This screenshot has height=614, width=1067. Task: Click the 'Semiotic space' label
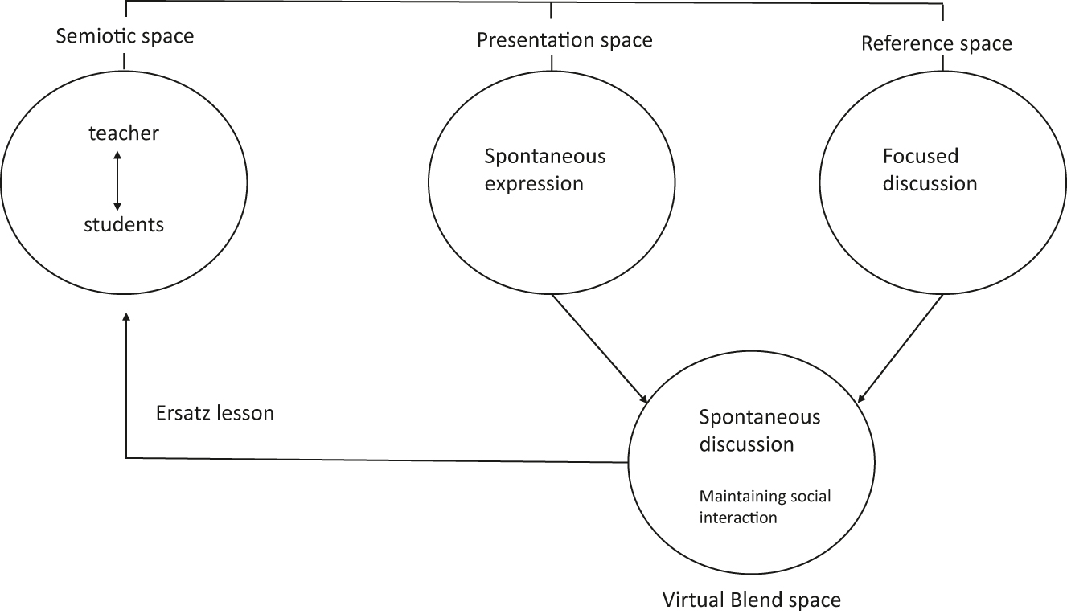click(x=125, y=36)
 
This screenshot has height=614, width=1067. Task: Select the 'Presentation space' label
click(x=564, y=39)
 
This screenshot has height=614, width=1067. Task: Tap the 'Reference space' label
click(x=936, y=43)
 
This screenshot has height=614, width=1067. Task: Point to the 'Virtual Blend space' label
click(x=751, y=600)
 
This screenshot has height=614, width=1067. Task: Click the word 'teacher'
click(x=124, y=133)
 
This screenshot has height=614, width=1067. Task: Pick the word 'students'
click(x=124, y=225)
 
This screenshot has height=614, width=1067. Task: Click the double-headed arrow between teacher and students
click(x=117, y=180)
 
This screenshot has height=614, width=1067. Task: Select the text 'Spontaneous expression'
click(x=545, y=169)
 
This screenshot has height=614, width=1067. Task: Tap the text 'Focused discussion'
click(x=930, y=169)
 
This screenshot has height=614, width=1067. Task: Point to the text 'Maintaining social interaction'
click(x=765, y=507)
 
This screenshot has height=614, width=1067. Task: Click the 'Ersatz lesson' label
click(x=214, y=413)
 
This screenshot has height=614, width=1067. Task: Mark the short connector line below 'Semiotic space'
click(x=125, y=61)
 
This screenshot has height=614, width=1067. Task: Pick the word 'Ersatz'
click(x=182, y=413)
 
